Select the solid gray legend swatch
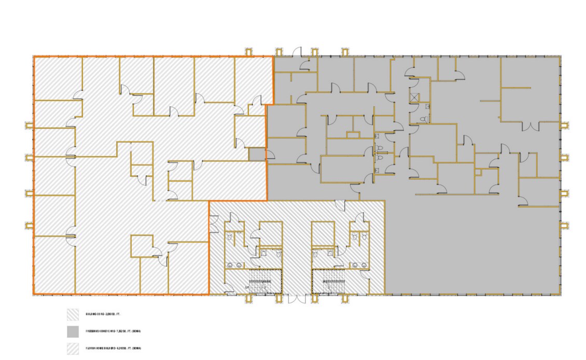point(72,331)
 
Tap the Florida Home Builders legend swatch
point(72,349)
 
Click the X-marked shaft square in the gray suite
point(414,96)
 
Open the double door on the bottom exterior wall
point(297,300)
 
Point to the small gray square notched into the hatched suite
point(256,154)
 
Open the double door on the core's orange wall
point(213,220)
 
